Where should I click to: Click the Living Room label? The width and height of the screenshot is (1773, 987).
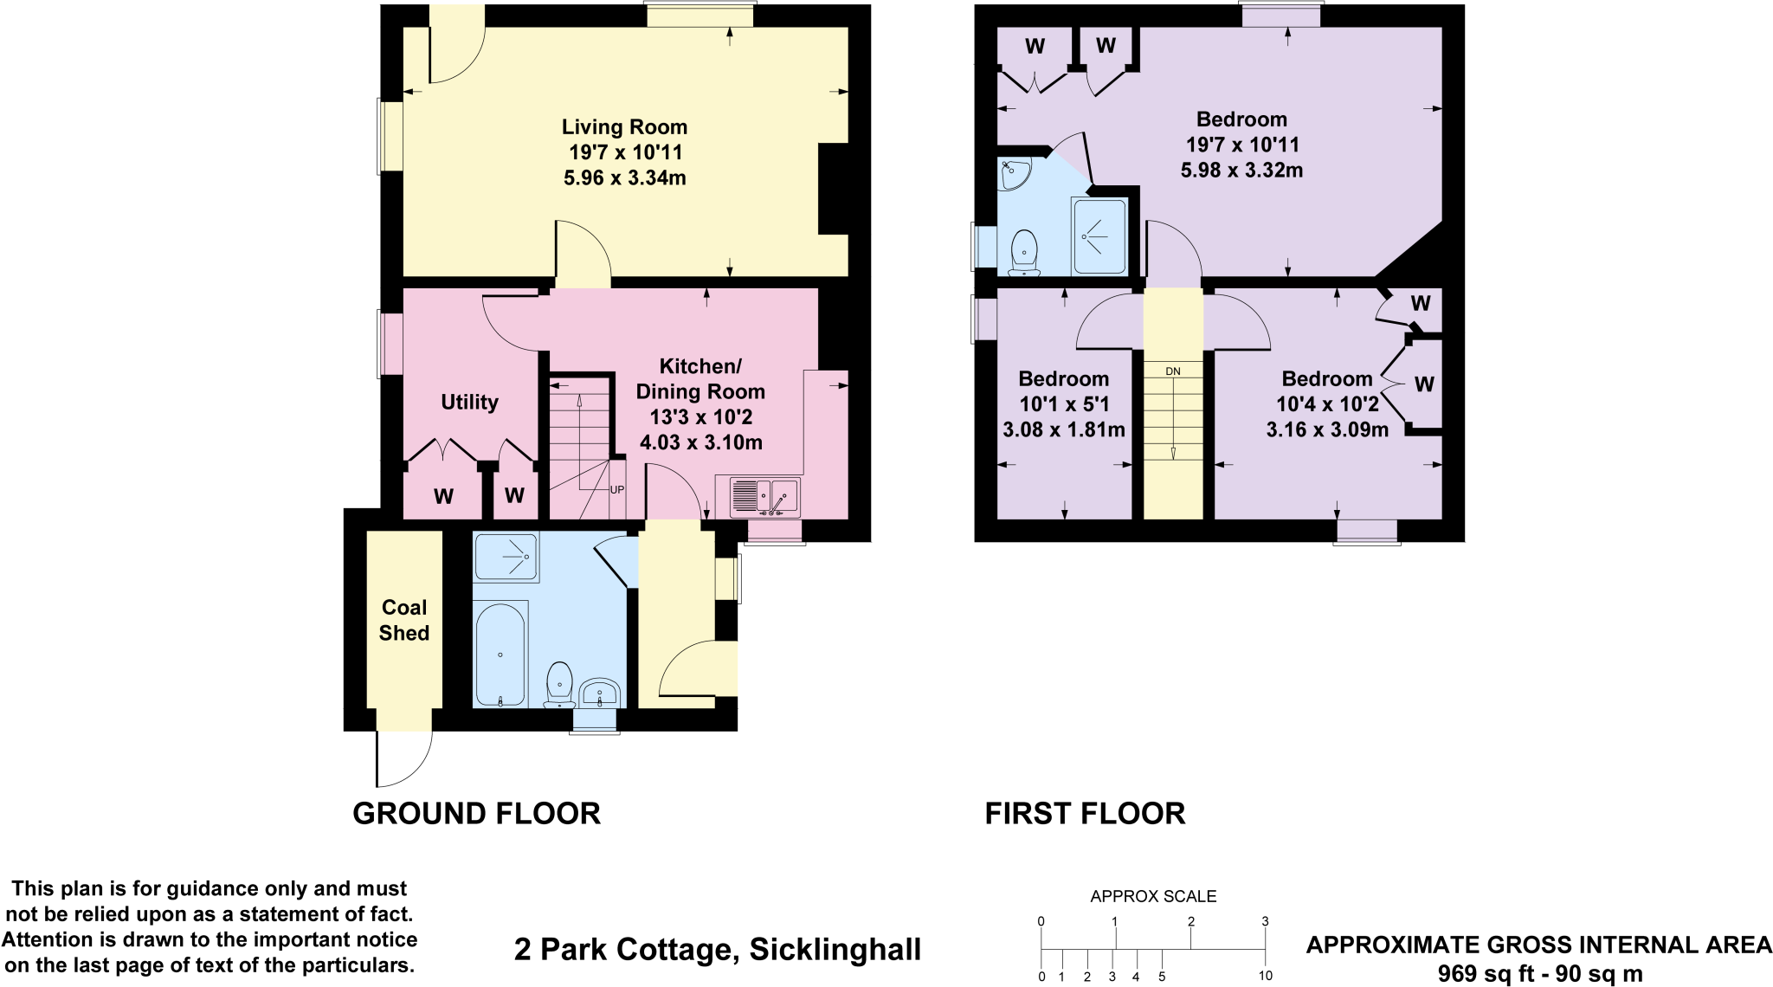coord(624,127)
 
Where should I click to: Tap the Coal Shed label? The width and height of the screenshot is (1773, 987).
coord(404,620)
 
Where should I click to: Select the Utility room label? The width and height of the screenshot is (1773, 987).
coord(469,402)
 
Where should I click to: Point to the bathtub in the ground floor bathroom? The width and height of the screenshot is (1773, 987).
coord(500,655)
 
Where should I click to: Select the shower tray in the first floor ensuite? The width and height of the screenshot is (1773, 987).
coord(1099,236)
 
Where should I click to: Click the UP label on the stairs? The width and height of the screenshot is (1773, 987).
coord(617,489)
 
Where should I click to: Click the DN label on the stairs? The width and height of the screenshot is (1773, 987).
coord(1173,371)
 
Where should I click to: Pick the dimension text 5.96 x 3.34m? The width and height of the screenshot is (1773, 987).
coord(624,178)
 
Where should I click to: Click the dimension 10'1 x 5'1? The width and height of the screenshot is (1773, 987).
coord(1064,403)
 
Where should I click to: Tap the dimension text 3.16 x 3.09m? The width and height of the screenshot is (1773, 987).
coord(1327,429)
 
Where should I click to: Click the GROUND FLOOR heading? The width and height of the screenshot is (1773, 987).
coord(476,814)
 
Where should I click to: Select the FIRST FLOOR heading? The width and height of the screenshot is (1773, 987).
coord(1085,814)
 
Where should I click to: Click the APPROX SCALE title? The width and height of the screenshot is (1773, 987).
coord(1153,897)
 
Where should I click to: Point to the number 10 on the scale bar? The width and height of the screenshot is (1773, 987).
coord(1265,976)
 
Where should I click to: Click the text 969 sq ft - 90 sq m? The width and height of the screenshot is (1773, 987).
coord(1540,973)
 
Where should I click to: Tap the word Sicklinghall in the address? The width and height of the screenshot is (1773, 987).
coord(835,950)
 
